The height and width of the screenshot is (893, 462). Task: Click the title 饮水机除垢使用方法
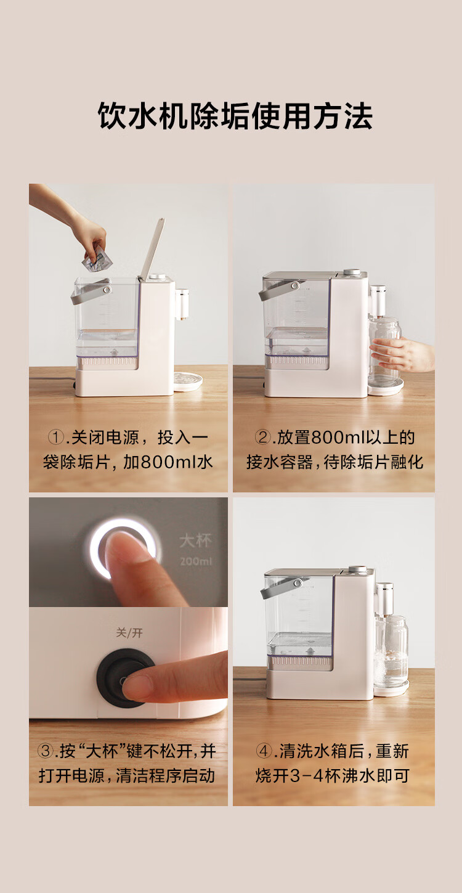tap(235, 116)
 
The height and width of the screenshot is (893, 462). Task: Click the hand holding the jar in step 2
tap(403, 353)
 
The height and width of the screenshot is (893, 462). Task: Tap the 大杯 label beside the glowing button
tap(195, 541)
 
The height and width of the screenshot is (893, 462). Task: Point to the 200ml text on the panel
tap(195, 561)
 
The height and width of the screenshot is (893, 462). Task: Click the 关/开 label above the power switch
tap(129, 633)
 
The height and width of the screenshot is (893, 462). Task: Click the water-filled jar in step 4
tap(391, 652)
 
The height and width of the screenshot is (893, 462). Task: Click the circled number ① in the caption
tap(56, 438)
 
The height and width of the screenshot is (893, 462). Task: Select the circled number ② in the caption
tap(262, 438)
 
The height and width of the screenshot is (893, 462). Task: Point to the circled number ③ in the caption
tap(45, 751)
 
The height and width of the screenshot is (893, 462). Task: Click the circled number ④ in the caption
tap(264, 751)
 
